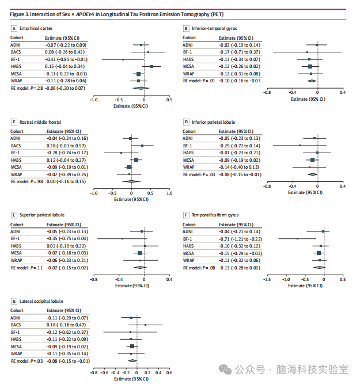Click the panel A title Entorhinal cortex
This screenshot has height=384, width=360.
tap(36, 28)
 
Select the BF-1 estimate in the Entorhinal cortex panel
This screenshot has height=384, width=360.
tap(66, 59)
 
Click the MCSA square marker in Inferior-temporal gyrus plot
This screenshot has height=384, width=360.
tap(310, 67)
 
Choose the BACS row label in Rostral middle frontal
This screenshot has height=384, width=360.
tap(17, 146)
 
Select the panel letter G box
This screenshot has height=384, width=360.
tap(14, 301)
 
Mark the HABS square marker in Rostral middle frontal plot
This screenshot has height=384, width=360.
tap(136, 159)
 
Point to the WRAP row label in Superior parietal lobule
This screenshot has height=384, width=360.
tap(17, 260)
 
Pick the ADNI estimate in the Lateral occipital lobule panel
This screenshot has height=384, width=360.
tap(66, 318)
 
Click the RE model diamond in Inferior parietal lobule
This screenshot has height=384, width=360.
tap(313, 174)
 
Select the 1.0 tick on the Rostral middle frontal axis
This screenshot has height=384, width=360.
tap(169, 193)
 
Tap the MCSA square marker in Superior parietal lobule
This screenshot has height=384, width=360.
tap(139, 253)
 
